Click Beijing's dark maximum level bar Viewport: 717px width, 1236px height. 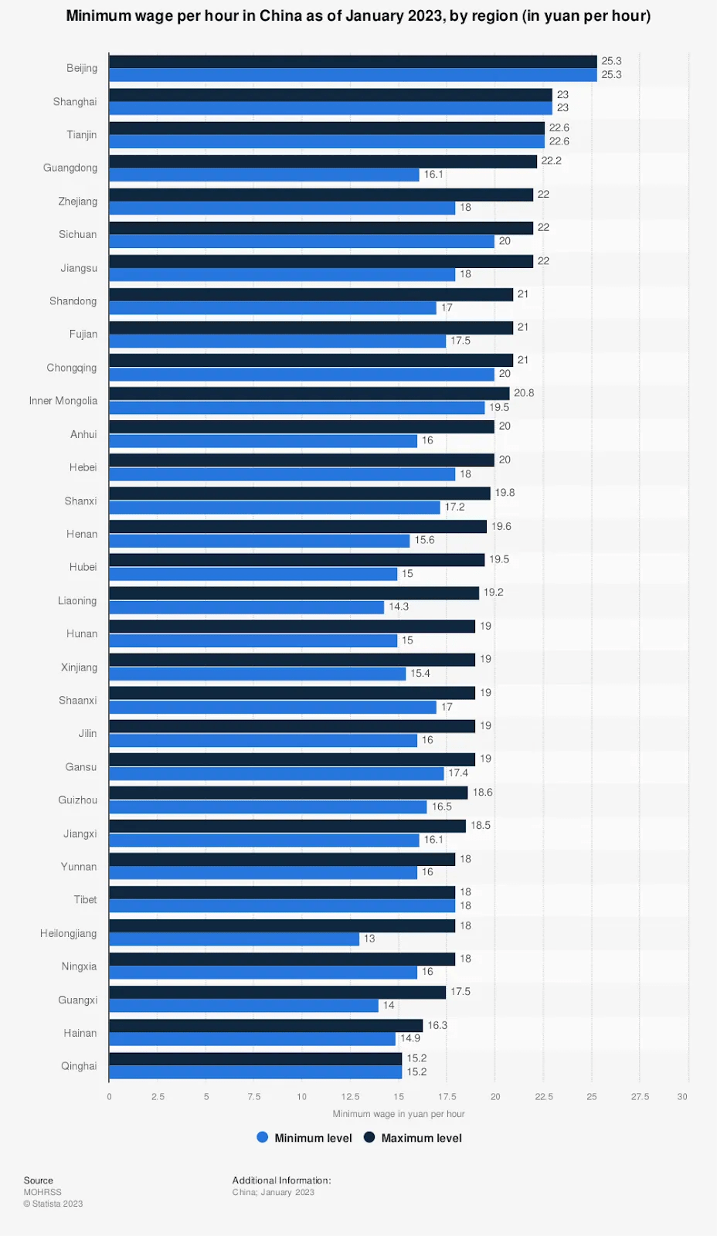(x=352, y=61)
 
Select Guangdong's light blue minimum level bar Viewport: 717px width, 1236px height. (x=263, y=175)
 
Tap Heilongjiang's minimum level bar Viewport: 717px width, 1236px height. (x=234, y=939)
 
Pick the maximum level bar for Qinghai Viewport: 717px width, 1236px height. (x=255, y=1058)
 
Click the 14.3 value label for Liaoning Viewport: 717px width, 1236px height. (x=399, y=607)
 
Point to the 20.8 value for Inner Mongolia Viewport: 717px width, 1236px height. (x=524, y=393)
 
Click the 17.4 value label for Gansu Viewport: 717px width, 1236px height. (x=458, y=773)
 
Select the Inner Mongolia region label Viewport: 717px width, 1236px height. (x=63, y=401)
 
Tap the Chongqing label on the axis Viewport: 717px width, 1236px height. (x=72, y=368)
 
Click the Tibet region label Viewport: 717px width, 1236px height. (x=85, y=900)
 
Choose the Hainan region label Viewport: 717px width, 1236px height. (x=80, y=1033)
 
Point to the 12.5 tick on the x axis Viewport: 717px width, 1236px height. (x=350, y=1097)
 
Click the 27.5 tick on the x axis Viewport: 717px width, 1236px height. (x=640, y=1097)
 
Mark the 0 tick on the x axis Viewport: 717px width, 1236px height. (x=109, y=1097)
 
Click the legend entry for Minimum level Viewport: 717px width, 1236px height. (x=304, y=1138)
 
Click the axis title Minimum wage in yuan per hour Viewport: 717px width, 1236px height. (x=399, y=1114)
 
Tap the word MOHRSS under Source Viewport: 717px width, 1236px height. (x=42, y=1192)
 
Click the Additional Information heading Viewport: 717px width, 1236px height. (x=281, y=1180)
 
